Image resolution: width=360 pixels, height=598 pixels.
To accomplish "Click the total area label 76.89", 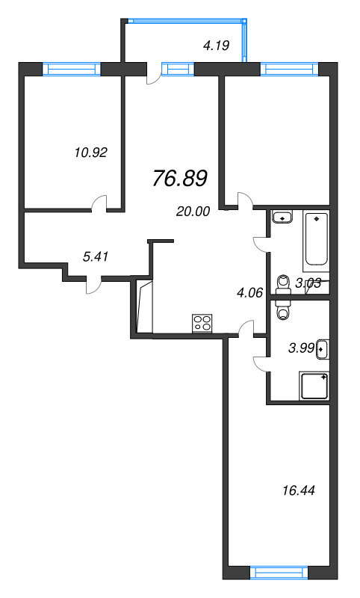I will coord(179,179).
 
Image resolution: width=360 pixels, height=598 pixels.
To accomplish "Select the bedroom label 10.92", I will coord(91,152).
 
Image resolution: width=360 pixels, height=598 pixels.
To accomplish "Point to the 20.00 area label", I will coord(193,212).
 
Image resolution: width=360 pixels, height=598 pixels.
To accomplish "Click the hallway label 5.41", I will coord(96,256).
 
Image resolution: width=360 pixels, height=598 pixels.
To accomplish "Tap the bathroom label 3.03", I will coord(308,283).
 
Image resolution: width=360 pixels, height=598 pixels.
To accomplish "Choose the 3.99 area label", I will coord(302,347).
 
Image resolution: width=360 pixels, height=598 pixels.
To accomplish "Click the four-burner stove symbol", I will coord(202,323).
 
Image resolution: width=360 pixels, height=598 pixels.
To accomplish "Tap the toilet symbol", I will coord(282,283).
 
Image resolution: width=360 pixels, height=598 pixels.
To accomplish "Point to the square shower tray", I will coord(314,386).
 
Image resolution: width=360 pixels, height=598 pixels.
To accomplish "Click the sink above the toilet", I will coord(283,218).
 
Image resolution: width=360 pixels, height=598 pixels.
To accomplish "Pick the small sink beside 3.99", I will coord(322,348).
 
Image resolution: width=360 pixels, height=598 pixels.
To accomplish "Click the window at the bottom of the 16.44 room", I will coord(277,573).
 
